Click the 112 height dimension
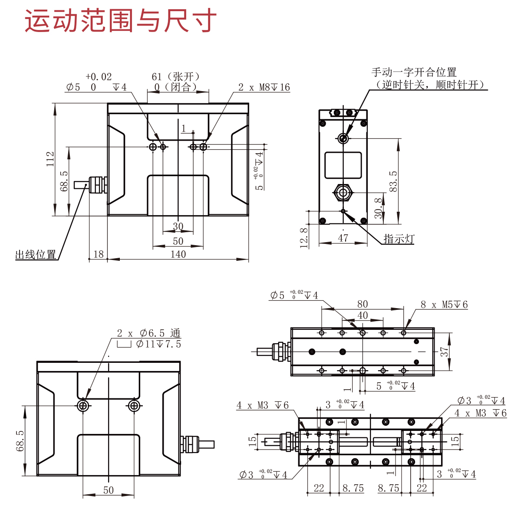coord(50,159)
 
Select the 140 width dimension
coord(178,254)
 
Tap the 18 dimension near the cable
coord(99,254)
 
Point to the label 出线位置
coord(36,255)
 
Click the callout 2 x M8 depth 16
coord(264,87)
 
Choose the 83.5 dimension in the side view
coord(393,181)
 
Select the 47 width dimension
coord(343,238)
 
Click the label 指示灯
coord(399,239)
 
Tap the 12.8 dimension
coord(304,238)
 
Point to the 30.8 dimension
coord(379,208)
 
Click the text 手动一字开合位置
coord(414,72)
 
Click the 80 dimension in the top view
coord(363,304)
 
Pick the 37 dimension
coord(444,352)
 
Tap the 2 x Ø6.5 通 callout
coord(148,333)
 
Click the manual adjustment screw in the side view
coord(343,138)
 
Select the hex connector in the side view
coord(343,192)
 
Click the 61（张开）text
coord(176,77)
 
